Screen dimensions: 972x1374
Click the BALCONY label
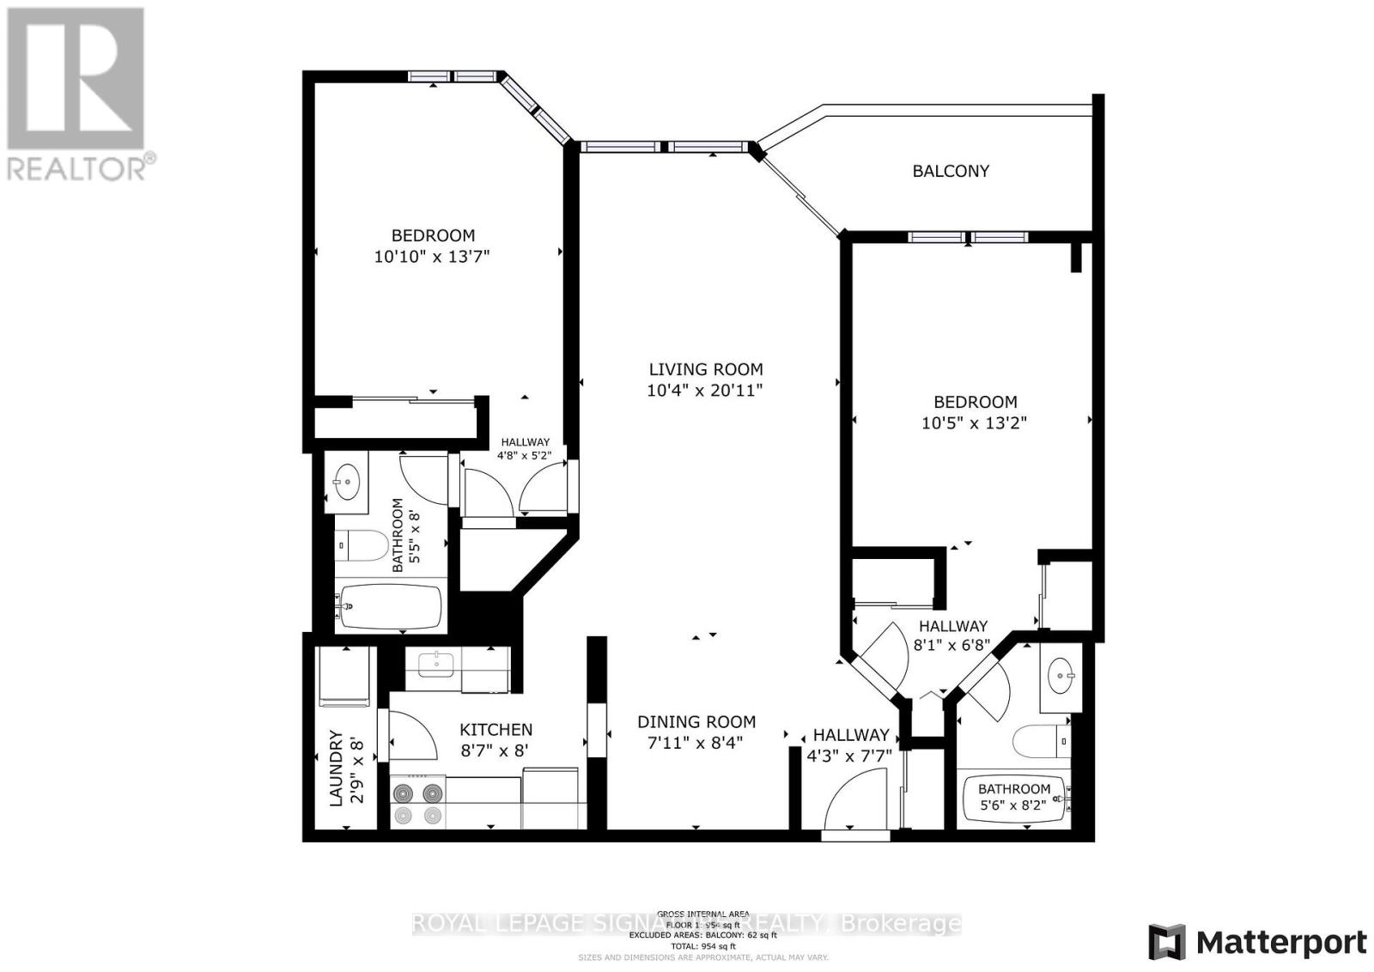click(x=951, y=171)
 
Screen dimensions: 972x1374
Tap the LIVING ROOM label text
click(x=705, y=370)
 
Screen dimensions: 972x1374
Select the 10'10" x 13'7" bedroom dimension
click(x=432, y=256)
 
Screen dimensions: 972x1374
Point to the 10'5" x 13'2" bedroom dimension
click(x=975, y=422)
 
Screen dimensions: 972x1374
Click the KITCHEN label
click(x=495, y=730)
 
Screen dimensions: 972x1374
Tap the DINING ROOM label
click(x=696, y=722)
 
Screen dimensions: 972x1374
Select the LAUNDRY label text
click(x=336, y=768)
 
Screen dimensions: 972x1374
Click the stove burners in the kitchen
click(x=418, y=803)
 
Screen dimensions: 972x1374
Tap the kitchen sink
click(x=437, y=663)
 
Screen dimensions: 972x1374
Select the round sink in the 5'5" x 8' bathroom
click(x=347, y=483)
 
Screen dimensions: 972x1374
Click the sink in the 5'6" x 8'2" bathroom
click(x=1063, y=677)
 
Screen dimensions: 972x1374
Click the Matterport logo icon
click(x=1167, y=943)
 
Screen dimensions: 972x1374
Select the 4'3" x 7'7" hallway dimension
click(x=849, y=756)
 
